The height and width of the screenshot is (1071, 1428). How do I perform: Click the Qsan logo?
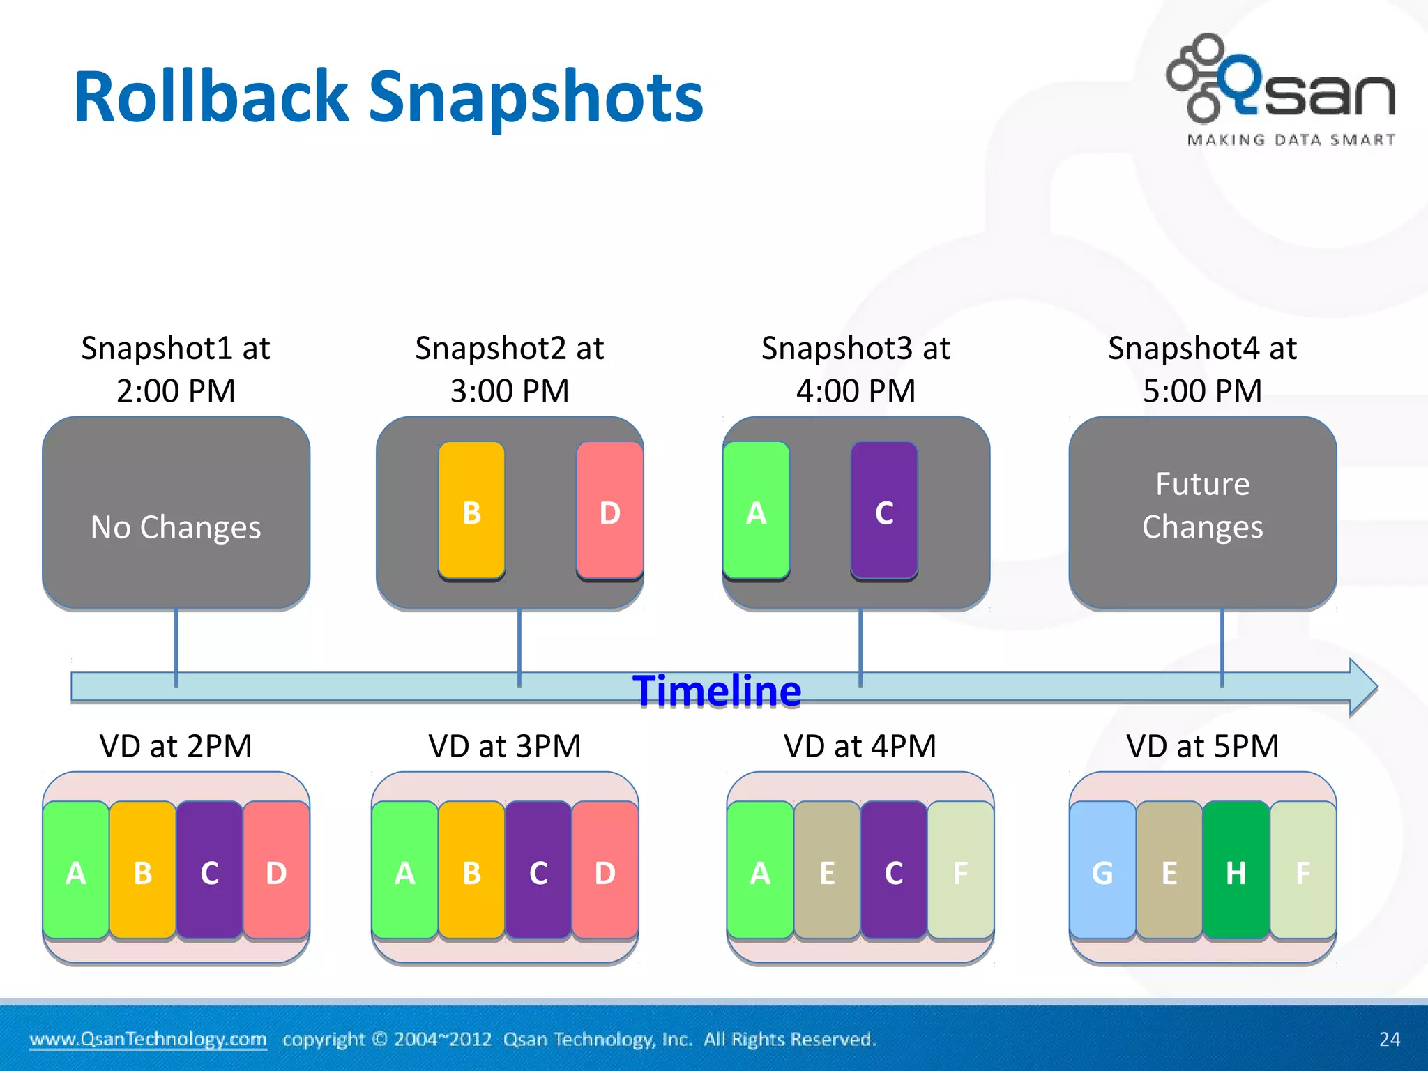(x=1282, y=87)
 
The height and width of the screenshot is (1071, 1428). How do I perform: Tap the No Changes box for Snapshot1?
(x=176, y=514)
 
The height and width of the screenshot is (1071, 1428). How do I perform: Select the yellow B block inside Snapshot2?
(x=471, y=511)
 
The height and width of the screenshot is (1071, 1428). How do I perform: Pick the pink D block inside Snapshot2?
(x=609, y=511)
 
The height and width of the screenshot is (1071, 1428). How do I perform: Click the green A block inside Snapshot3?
(x=757, y=511)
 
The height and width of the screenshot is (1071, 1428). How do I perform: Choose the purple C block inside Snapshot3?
(x=884, y=511)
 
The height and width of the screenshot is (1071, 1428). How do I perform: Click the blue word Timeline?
(x=717, y=691)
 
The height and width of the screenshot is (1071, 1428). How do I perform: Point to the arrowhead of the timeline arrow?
(x=1362, y=687)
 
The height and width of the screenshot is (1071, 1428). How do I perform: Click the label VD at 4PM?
(x=860, y=746)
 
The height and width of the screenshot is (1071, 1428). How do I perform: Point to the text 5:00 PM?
(x=1202, y=390)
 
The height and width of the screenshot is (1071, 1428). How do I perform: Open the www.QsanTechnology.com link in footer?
(x=148, y=1039)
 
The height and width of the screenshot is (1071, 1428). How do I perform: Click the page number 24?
(x=1389, y=1039)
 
